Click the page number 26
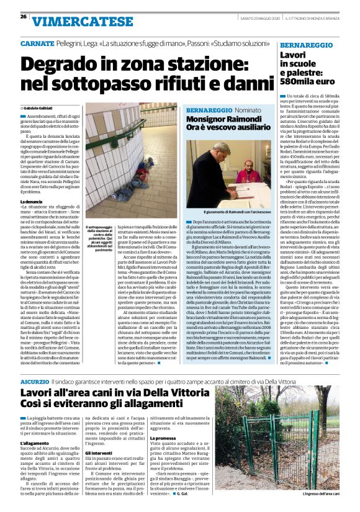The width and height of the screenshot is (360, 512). [x=23, y=16]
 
